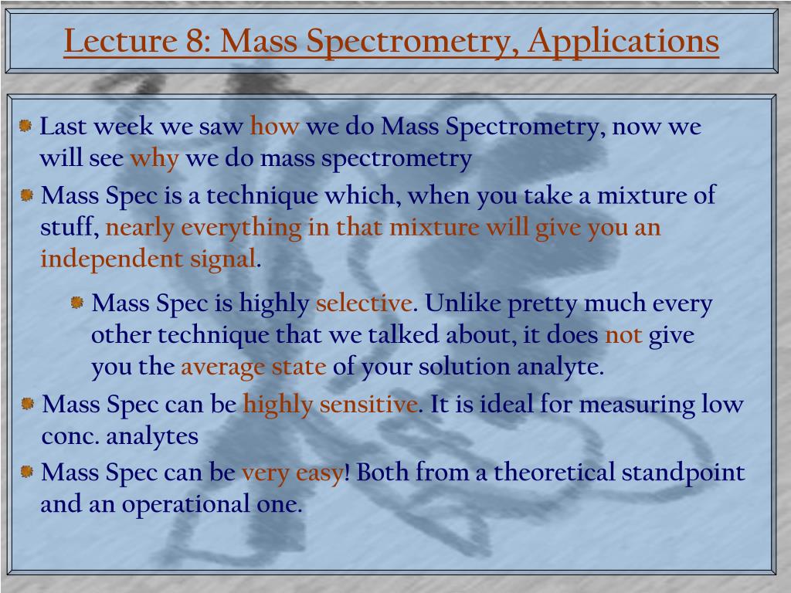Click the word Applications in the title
pyautogui.click(x=623, y=41)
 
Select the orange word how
pyautogui.click(x=274, y=127)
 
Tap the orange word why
pyautogui.click(x=154, y=158)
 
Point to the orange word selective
pyautogui.click(x=363, y=303)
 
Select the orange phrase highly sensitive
pyautogui.click(x=331, y=404)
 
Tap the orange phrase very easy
pyautogui.click(x=292, y=472)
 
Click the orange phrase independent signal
pyautogui.click(x=148, y=259)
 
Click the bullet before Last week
pyautogui.click(x=26, y=125)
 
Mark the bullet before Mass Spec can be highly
pyautogui.click(x=28, y=402)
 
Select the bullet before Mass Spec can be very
pyautogui.click(x=27, y=471)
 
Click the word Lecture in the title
pyautogui.click(x=119, y=41)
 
